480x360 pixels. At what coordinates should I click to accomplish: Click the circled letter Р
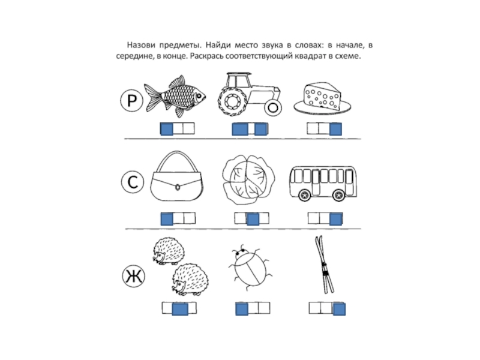coord(131,100)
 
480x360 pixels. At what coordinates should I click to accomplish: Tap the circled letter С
coord(133,182)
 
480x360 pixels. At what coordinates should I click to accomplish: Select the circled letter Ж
coord(133,276)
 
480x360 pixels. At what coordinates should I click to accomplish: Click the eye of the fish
coord(199,96)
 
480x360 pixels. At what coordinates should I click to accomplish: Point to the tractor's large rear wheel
coord(232,101)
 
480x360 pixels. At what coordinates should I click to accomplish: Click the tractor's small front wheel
coord(273,107)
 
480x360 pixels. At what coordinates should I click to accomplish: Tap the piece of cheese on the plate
coord(322,95)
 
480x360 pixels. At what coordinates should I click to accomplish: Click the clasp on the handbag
coord(178,187)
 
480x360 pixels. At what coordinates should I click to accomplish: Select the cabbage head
coord(248,179)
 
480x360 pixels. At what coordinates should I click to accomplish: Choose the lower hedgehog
coord(190,279)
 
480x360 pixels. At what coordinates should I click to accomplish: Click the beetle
coord(250,267)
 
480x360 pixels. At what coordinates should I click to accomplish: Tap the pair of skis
coord(324,265)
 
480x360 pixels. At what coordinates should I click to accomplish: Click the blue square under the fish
coord(167,129)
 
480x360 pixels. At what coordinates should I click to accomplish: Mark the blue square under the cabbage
coord(253,219)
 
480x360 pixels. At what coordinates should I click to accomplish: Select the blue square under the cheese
coord(335,129)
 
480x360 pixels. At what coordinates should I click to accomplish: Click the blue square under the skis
coord(339,309)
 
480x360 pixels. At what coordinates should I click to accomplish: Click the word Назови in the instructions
coord(141,45)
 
